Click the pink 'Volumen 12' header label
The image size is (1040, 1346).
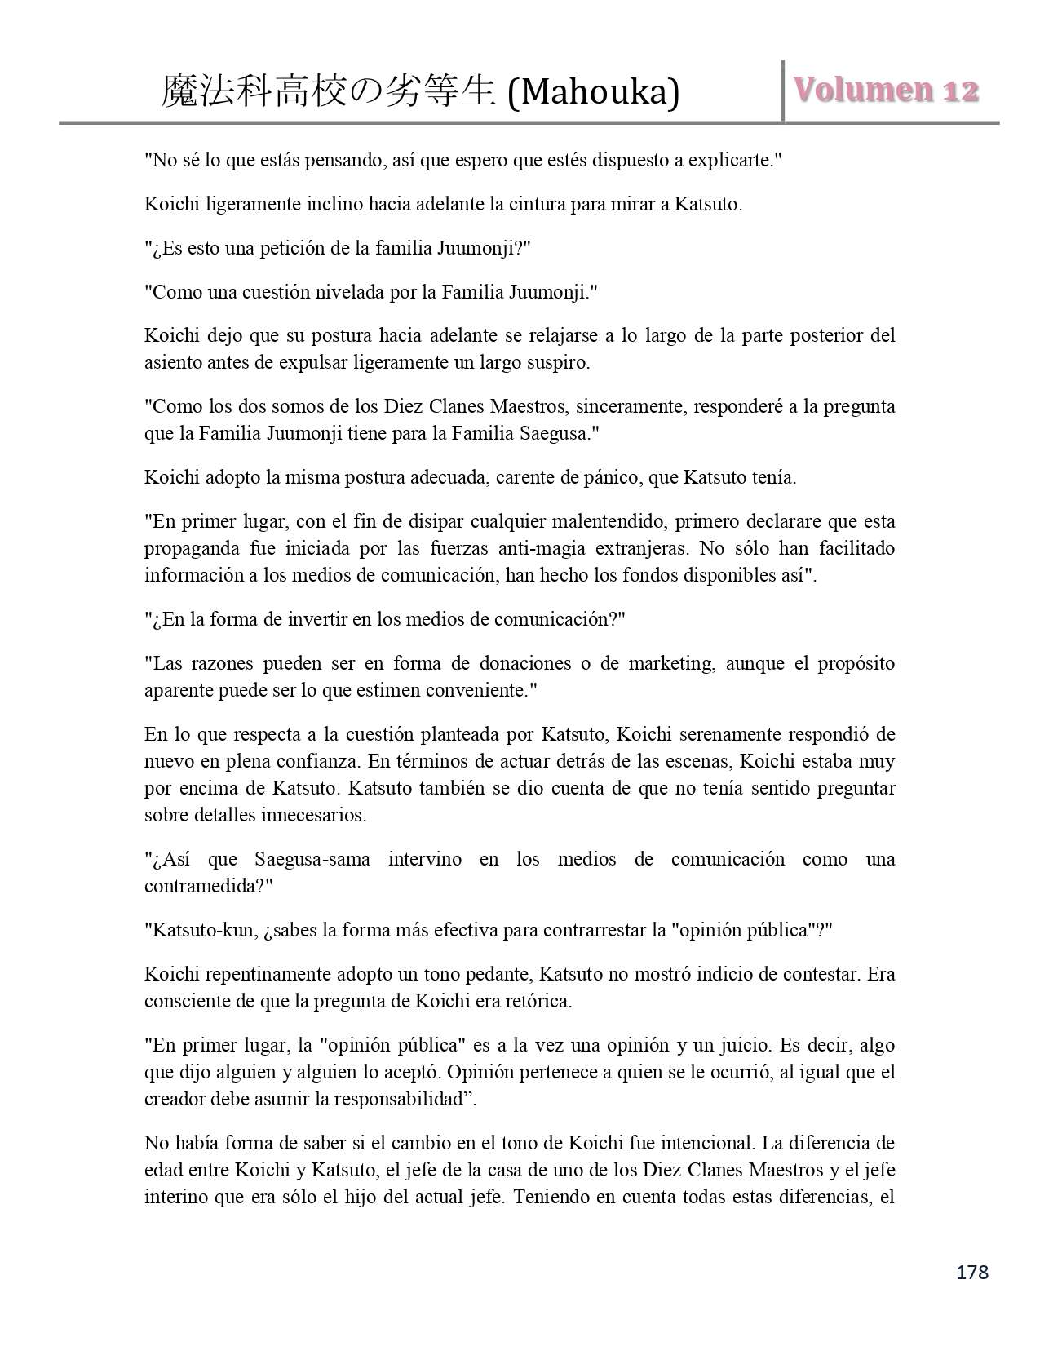tap(886, 91)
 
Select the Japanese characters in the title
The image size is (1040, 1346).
tap(328, 92)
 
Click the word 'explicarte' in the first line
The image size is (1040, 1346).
tap(731, 160)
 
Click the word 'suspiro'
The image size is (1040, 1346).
tap(556, 362)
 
